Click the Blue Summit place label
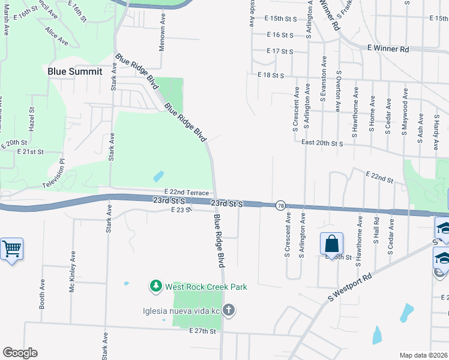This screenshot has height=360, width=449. pos(75,71)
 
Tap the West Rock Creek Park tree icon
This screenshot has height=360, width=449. pos(156,286)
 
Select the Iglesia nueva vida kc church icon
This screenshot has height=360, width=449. pos(228,310)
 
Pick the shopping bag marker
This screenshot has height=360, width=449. pos(331,244)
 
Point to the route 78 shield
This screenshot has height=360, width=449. pos(280,206)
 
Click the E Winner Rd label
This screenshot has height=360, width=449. pos(387,48)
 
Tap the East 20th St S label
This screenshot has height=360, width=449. pos(322,143)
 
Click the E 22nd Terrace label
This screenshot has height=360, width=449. pos(186,192)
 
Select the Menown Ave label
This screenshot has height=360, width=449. pos(162,34)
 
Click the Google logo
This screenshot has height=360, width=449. pos(20,353)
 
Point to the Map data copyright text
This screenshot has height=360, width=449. pos(424,355)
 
